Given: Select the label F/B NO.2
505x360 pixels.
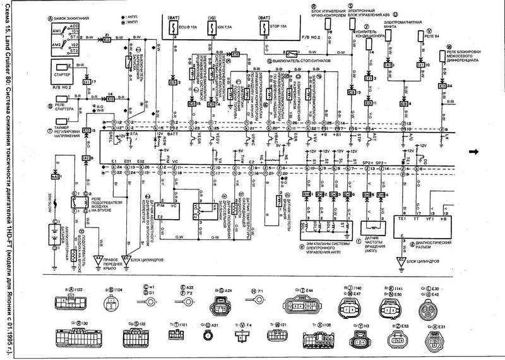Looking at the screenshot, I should (x=309, y=40).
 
